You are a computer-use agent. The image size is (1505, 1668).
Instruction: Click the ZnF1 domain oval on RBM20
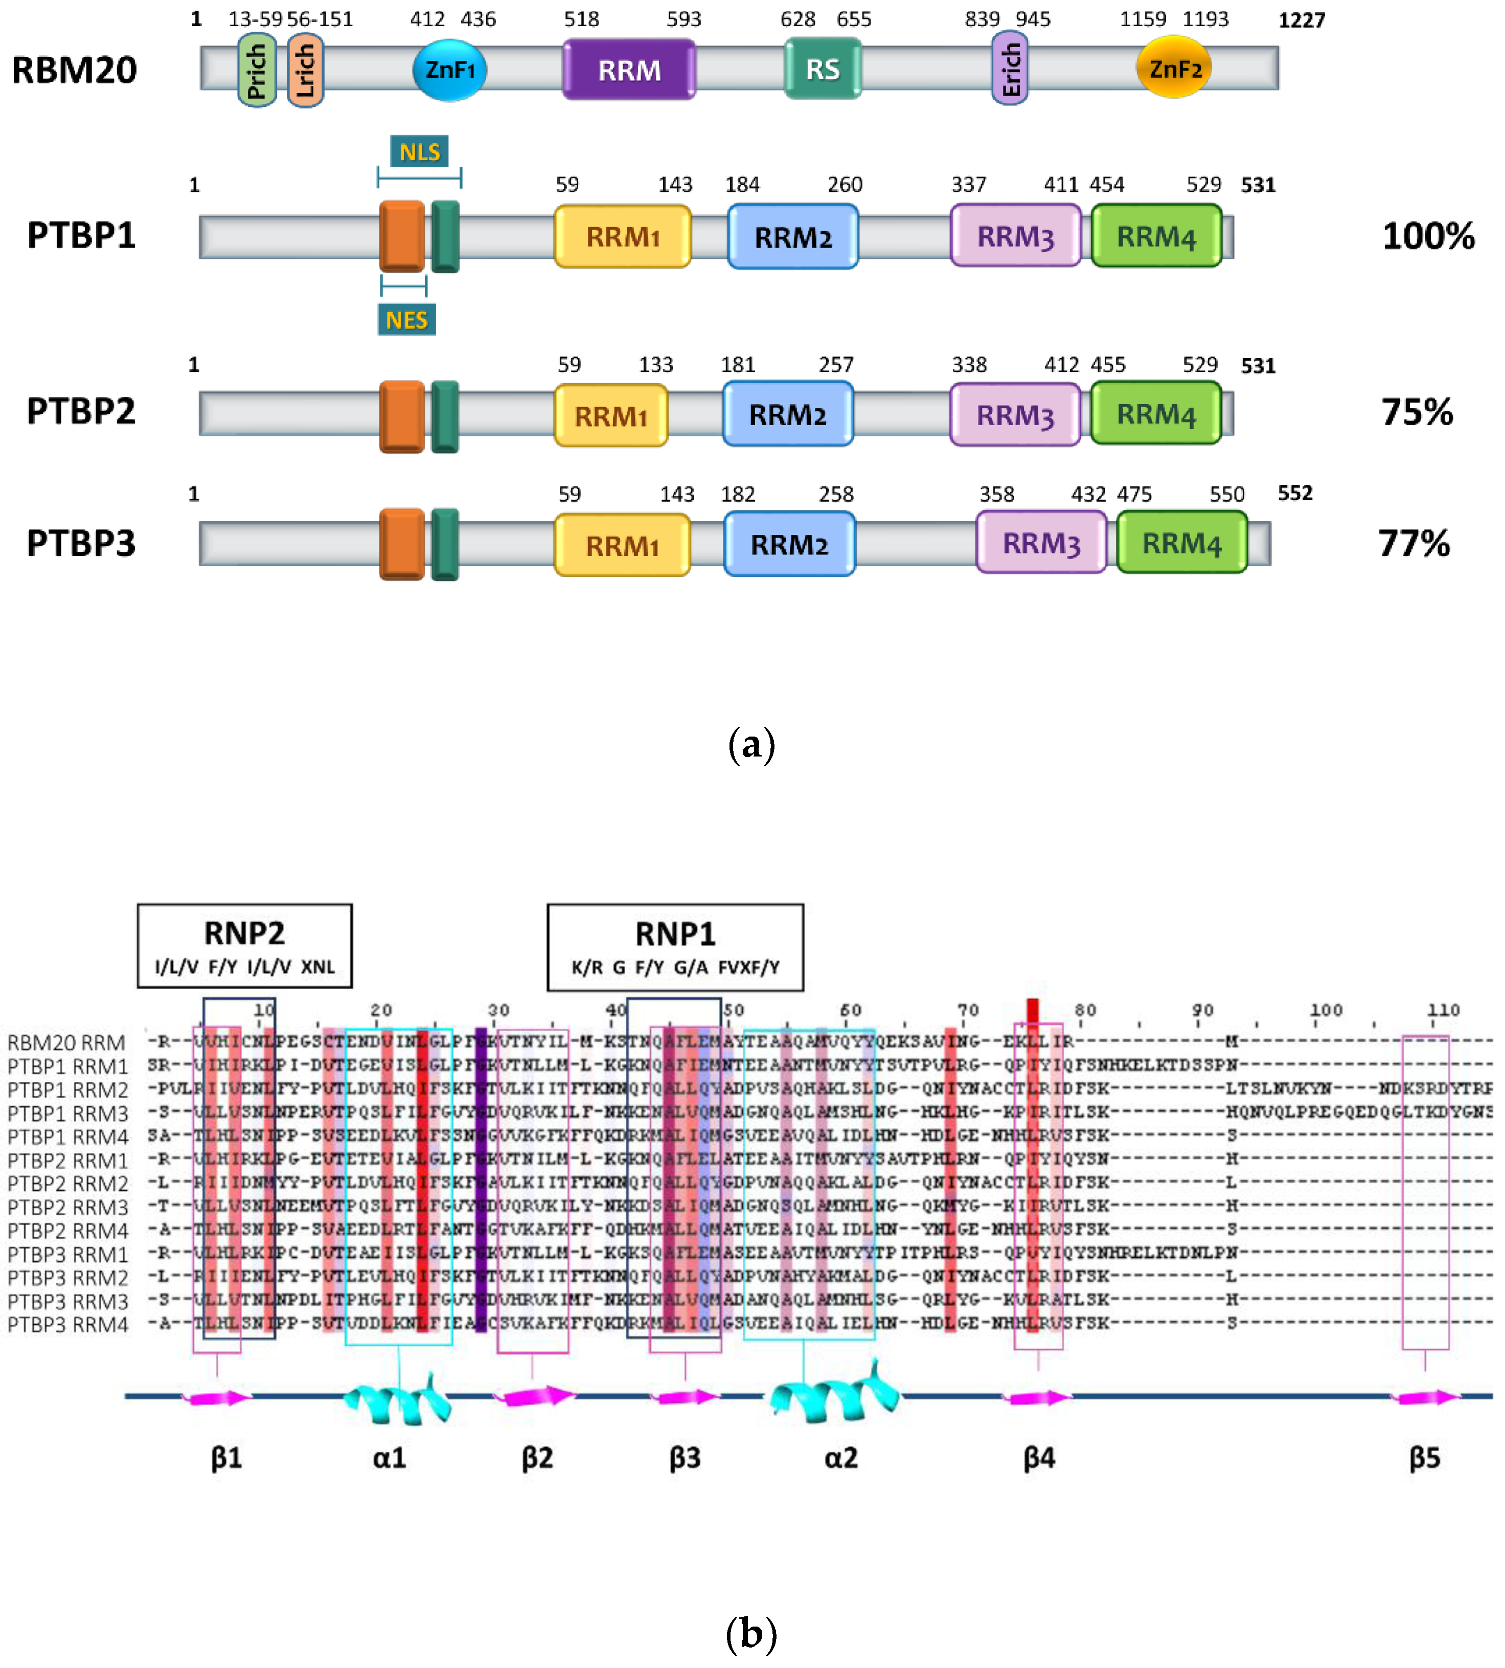[x=449, y=70]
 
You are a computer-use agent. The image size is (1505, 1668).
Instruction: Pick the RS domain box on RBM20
[x=822, y=70]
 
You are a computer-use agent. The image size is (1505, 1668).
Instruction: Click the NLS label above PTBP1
[x=419, y=152]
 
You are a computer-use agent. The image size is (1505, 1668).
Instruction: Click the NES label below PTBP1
[x=406, y=320]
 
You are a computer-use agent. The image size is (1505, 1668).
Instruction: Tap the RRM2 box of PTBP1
[x=792, y=237]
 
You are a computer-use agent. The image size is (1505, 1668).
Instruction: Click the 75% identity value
[x=1417, y=412]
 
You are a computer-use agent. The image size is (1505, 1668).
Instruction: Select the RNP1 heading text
[x=675, y=934]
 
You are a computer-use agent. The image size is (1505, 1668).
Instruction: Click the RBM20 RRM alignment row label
[x=66, y=1042]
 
